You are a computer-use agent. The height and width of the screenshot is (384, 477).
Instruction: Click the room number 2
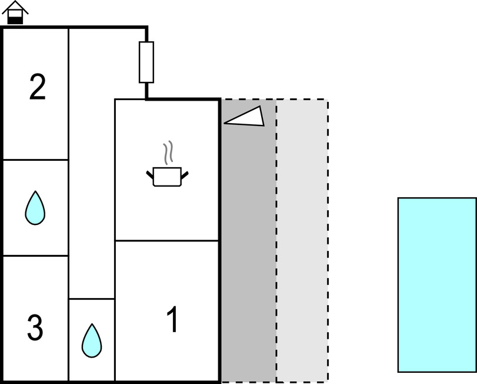tap(37, 88)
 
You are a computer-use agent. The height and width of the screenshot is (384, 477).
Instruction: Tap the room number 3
tap(35, 328)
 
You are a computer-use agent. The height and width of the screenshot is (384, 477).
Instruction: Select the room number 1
tap(172, 320)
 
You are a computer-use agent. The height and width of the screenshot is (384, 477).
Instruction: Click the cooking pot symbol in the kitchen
tap(167, 176)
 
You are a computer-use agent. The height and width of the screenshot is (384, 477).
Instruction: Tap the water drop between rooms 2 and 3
tap(35, 208)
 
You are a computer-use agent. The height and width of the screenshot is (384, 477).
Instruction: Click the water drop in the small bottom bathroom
tap(91, 340)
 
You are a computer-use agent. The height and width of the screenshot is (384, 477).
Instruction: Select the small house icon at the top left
tap(15, 13)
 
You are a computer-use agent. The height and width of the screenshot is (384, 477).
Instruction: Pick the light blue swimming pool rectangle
tap(436, 284)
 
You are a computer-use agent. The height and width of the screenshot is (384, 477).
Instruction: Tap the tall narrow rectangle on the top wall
tap(146, 62)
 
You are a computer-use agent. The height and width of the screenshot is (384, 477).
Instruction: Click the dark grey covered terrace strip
tap(248, 247)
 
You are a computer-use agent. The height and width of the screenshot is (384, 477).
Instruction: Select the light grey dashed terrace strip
tap(302, 247)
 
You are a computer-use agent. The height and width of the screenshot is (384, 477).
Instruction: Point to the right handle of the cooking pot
tap(185, 174)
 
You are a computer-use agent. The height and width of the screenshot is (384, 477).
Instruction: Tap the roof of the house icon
tap(15, 7)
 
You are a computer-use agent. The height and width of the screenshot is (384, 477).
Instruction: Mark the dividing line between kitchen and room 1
tap(167, 240)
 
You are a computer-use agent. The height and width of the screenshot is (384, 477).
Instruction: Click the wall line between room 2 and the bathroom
tap(35, 160)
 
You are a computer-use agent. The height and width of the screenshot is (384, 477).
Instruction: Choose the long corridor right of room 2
tap(91, 165)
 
